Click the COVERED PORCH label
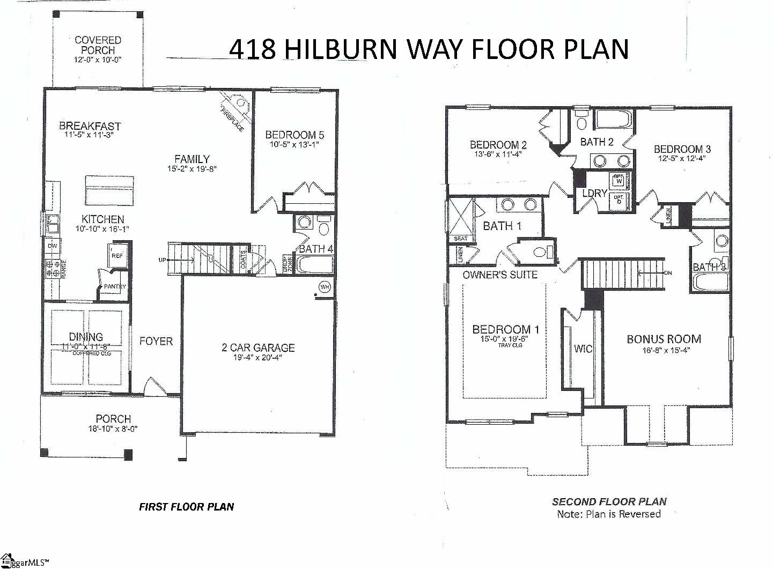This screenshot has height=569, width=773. click(x=98, y=45)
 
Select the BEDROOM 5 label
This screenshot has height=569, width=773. click(x=295, y=135)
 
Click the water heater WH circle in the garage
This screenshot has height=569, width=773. click(x=325, y=286)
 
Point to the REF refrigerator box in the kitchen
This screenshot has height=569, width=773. click(x=116, y=256)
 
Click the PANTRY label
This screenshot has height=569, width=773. click(x=114, y=286)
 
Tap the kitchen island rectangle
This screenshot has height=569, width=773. click(x=109, y=190)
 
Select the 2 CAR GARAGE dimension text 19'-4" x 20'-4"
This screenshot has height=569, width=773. click(x=258, y=358)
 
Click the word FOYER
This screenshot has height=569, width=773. click(x=156, y=341)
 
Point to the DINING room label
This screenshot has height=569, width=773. click(x=86, y=337)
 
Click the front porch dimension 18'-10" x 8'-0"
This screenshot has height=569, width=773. click(x=113, y=428)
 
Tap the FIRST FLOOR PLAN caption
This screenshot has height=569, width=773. click(x=186, y=506)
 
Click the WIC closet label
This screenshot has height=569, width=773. click(x=583, y=349)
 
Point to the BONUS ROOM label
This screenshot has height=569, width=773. click(x=664, y=339)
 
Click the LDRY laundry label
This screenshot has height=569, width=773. click(x=594, y=193)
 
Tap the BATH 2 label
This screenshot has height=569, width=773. click(x=597, y=142)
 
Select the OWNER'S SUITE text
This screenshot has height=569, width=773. click(x=500, y=275)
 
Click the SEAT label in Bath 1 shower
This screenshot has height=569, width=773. click(x=460, y=238)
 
